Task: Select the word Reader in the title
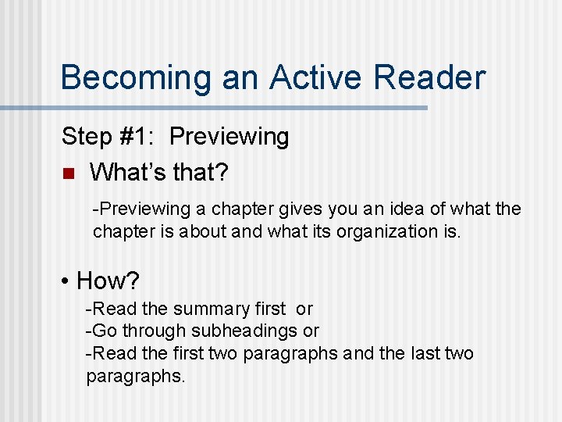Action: [430, 78]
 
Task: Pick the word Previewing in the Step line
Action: [229, 137]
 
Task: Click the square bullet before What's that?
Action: [67, 173]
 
